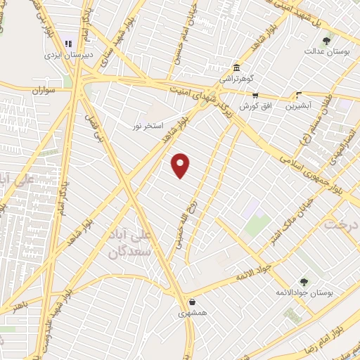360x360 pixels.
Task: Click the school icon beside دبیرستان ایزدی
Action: pos(68,44)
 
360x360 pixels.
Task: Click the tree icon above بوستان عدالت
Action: pos(326,41)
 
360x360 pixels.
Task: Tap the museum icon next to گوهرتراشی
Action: pos(236,68)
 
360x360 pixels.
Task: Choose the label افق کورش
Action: pos(255,106)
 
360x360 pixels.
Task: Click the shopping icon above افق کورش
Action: pos(255,96)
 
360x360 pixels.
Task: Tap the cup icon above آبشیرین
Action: pos(300,96)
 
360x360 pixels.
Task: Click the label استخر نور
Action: pos(148,126)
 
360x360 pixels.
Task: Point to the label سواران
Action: pos(43,91)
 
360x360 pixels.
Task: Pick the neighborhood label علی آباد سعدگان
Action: pos(130,243)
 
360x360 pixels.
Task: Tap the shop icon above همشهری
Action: pos(191,302)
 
